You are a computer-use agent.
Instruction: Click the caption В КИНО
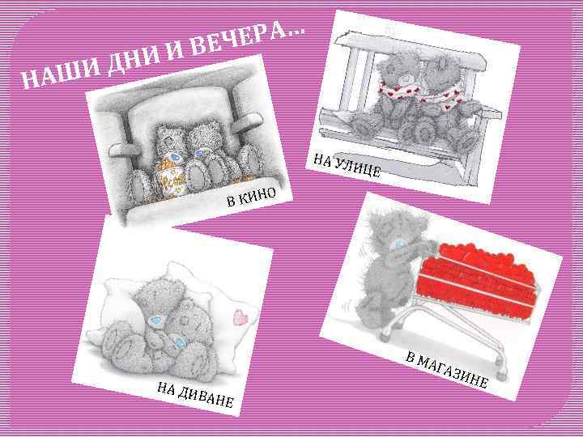251,197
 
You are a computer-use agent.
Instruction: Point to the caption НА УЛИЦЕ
347,165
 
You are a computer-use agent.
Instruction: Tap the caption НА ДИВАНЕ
195,395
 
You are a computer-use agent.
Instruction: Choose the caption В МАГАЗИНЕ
446,369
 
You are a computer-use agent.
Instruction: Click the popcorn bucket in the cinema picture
171,177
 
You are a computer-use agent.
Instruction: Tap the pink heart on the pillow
241,318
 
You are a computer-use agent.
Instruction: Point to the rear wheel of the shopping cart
385,335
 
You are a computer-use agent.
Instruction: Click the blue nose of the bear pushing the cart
399,245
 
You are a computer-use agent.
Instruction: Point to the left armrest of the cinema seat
124,150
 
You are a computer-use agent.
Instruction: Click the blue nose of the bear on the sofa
155,319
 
